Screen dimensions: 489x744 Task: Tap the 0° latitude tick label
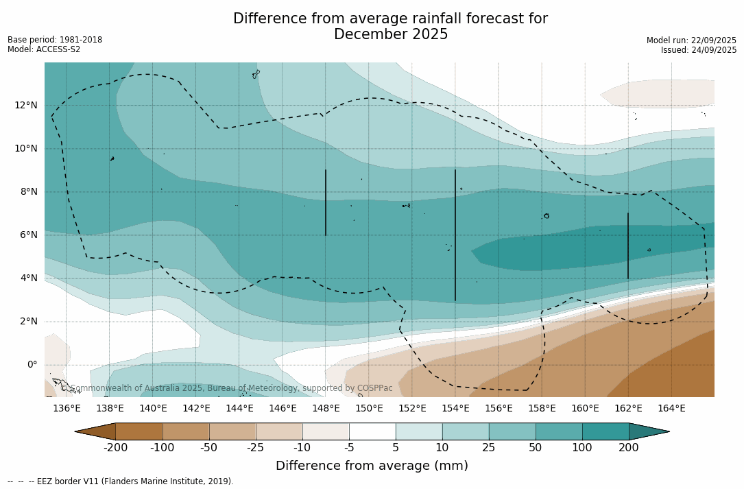click(x=32, y=364)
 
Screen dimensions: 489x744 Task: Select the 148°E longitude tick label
click(x=326, y=408)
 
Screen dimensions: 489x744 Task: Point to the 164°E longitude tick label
click(x=671, y=408)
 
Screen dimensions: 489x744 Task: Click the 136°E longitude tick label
click(x=67, y=408)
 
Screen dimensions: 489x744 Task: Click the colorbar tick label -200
click(x=115, y=448)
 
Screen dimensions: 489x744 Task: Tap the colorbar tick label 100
click(x=582, y=448)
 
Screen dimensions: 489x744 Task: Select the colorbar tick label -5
click(x=349, y=448)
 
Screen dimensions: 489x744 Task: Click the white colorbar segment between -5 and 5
click(x=372, y=431)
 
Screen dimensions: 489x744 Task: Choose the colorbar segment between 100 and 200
click(x=605, y=431)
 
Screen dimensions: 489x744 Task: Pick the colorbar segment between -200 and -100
click(x=139, y=431)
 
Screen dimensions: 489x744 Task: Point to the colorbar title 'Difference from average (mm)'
click(x=372, y=466)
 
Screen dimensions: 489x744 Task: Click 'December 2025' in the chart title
click(x=391, y=34)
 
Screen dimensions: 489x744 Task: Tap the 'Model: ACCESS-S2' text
click(x=44, y=49)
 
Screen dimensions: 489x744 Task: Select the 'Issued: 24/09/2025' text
click(x=699, y=50)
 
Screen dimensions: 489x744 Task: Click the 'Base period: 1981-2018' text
click(x=55, y=40)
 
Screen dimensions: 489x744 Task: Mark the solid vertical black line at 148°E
click(x=326, y=202)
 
